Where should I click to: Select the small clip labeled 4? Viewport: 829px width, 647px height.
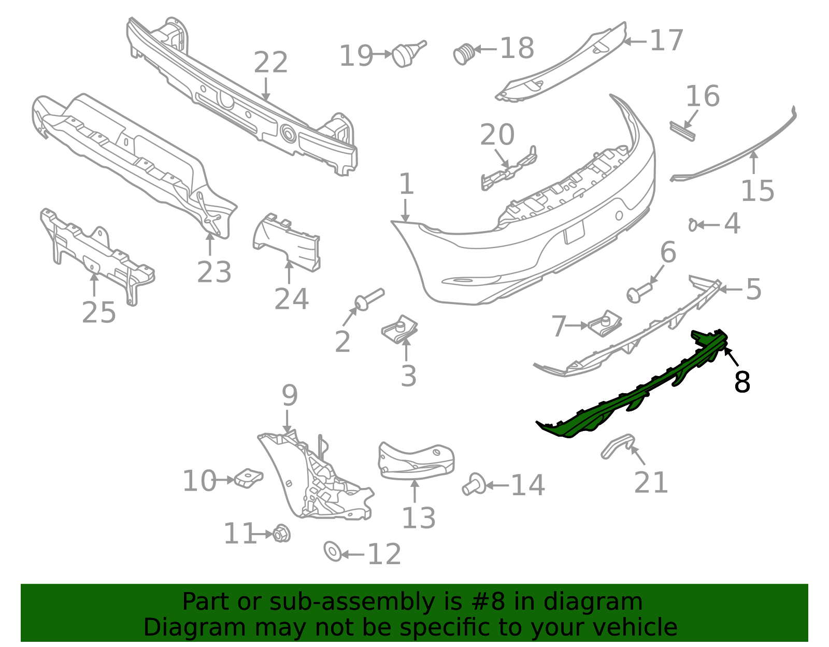692,225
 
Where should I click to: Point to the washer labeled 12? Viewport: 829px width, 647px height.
333,551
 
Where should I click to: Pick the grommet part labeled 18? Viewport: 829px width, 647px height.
464,54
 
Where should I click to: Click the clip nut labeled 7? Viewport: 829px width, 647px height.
605,323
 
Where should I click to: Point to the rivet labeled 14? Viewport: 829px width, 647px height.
474,484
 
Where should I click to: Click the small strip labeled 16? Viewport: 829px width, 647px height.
682,131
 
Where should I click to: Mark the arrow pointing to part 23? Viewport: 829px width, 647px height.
210,243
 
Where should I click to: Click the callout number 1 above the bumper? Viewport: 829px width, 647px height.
406,184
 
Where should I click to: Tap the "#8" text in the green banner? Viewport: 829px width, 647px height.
488,601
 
